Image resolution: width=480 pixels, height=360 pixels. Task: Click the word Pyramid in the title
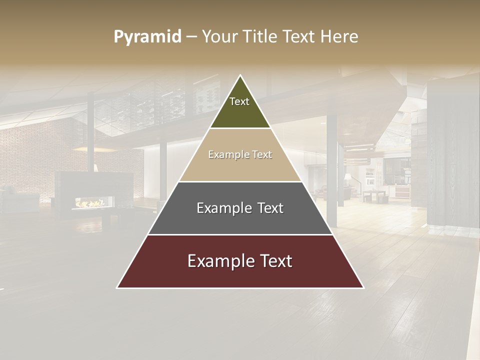click(x=147, y=37)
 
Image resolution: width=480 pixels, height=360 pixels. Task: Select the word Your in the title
click(x=219, y=37)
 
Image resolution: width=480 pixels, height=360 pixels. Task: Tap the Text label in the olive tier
click(x=239, y=101)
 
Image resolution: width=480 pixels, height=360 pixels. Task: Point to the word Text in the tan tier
click(x=262, y=155)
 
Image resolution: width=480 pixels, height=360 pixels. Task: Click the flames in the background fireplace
click(x=90, y=203)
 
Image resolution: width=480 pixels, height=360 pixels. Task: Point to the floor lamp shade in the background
click(x=347, y=176)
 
